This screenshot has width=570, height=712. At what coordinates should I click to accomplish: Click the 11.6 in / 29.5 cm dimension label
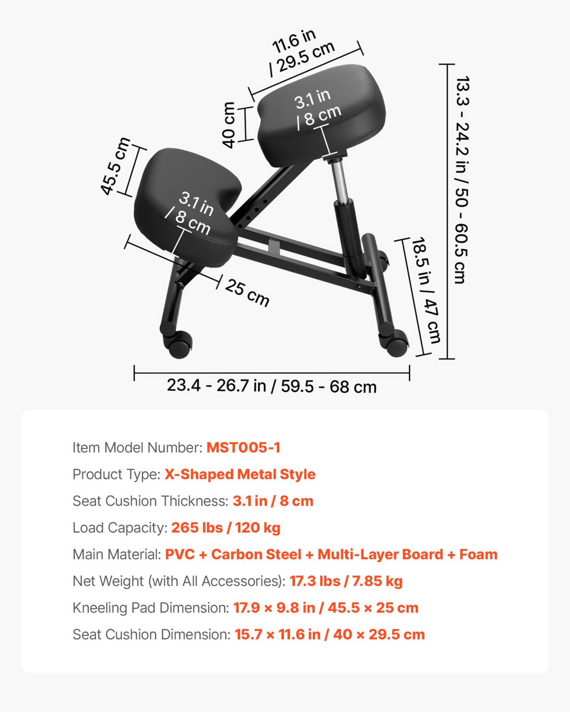click(302, 53)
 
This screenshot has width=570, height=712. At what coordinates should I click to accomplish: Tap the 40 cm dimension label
click(228, 125)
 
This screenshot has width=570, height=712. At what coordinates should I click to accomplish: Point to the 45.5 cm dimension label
click(115, 166)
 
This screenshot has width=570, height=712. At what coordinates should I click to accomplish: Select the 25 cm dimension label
click(247, 293)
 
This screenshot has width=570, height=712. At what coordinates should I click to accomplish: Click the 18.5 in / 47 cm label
click(426, 290)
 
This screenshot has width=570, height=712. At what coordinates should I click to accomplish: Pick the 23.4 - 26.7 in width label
click(271, 386)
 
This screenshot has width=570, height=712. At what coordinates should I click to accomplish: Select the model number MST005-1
click(243, 447)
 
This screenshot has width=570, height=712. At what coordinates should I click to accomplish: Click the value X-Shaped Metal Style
click(240, 474)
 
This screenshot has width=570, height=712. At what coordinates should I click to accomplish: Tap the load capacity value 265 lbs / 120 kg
click(226, 527)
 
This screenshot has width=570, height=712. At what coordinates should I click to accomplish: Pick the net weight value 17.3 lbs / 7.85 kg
click(346, 581)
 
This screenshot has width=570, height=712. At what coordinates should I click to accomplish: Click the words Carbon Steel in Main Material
click(256, 554)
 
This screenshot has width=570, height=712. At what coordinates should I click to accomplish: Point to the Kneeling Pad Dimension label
click(151, 608)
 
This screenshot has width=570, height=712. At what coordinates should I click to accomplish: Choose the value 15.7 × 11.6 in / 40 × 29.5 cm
click(330, 634)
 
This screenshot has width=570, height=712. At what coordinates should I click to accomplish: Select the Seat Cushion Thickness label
click(150, 501)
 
